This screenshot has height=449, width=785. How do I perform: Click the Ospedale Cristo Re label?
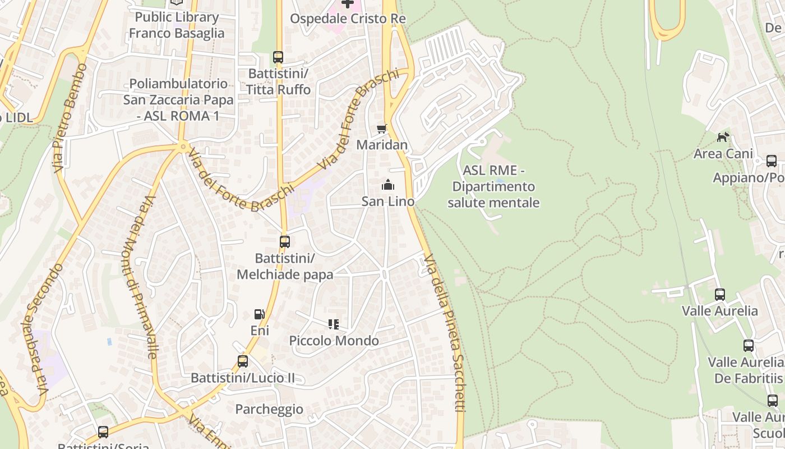click(348, 19)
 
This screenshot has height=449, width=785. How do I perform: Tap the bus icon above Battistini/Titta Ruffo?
click(278, 57)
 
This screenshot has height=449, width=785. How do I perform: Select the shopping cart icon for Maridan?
click(382, 129)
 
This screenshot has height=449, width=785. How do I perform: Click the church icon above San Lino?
click(387, 184)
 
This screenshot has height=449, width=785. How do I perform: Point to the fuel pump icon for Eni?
click(259, 314)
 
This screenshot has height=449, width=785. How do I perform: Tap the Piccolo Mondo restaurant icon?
click(334, 324)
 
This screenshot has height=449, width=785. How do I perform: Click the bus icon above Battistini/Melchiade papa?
click(285, 242)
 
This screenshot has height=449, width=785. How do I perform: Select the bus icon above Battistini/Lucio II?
click(243, 361)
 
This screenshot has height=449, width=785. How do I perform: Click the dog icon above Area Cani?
click(723, 136)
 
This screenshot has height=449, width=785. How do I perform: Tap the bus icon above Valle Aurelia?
click(720, 294)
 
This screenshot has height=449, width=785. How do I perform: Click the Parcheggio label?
click(269, 409)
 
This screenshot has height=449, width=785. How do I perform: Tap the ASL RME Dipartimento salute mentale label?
click(493, 186)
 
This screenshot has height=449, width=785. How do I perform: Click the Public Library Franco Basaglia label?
click(177, 25)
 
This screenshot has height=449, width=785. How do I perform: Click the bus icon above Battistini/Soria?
click(103, 432)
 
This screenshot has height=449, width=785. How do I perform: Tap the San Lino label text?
click(388, 201)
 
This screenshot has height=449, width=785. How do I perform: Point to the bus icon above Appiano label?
click(772, 161)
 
